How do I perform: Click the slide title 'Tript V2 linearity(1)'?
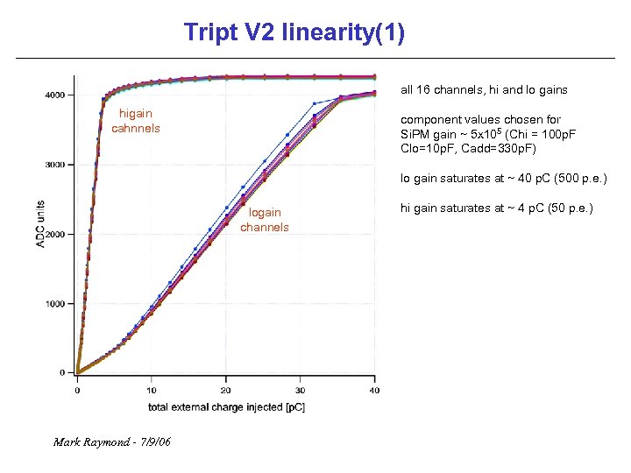[x=294, y=33]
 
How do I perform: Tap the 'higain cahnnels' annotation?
[x=136, y=121]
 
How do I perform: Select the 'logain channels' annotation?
[x=265, y=220]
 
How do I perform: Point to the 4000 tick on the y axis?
[x=53, y=95]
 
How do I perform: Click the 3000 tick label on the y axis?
[x=53, y=165]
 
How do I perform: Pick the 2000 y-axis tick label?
[x=53, y=235]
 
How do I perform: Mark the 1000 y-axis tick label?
[x=53, y=304]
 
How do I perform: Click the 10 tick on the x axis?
[x=152, y=391]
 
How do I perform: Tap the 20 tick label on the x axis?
[x=226, y=391]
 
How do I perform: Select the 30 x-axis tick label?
[x=301, y=391]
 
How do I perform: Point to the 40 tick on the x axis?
[x=374, y=391]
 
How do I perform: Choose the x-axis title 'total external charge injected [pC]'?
[x=226, y=407]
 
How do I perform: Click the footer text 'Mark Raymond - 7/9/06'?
[x=111, y=441]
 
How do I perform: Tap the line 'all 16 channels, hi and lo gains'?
[x=484, y=89]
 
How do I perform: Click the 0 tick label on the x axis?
[x=77, y=391]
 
